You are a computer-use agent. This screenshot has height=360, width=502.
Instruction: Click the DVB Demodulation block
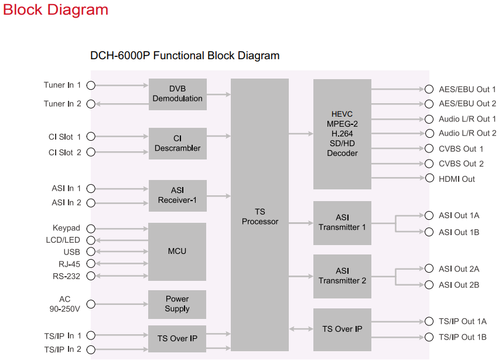tap(177, 94)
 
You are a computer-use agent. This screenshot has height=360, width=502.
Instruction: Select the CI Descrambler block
tap(177, 144)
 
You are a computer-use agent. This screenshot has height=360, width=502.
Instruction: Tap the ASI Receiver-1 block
tap(177, 195)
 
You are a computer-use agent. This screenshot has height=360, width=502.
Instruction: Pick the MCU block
tap(177, 251)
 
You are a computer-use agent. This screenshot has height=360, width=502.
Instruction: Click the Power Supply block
tap(177, 304)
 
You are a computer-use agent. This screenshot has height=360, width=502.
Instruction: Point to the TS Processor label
tap(259, 216)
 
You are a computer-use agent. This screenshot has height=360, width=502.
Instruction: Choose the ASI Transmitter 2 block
tap(342, 276)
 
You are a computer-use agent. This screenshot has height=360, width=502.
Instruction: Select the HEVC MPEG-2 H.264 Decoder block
tap(342, 134)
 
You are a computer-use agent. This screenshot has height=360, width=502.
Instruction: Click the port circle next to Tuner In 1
tap(91, 86)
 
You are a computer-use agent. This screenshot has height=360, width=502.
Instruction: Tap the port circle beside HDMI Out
tap(429, 179)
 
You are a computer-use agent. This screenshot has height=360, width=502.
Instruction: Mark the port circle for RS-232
tap(91, 276)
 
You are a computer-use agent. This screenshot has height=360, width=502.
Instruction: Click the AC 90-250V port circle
tap(91, 304)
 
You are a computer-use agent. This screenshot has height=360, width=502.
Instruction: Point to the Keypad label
tap(66, 228)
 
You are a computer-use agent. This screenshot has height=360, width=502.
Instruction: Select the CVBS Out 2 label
tap(462, 164)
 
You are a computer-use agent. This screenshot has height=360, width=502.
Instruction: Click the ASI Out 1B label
tap(459, 232)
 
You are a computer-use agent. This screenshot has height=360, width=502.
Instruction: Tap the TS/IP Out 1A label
tap(463, 321)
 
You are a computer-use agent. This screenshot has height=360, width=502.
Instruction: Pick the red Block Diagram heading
tap(56, 10)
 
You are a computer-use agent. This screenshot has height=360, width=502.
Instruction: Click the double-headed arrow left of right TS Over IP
tap(301, 329)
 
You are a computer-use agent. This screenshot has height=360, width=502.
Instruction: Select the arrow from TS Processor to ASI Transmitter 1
tap(301, 223)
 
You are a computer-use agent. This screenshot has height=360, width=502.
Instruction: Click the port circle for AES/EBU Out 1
tap(429, 89)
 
